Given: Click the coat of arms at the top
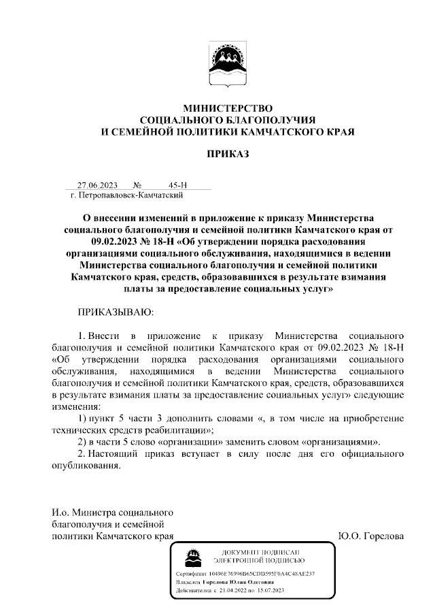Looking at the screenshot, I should point(228,67).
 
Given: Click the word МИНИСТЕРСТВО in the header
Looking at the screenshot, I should point(228,108).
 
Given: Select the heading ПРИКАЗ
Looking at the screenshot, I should point(228,153).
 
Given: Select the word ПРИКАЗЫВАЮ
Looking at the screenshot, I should point(116,312).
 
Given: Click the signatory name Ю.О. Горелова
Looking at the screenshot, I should point(370,536).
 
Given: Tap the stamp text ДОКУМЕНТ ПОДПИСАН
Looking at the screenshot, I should point(259,551).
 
